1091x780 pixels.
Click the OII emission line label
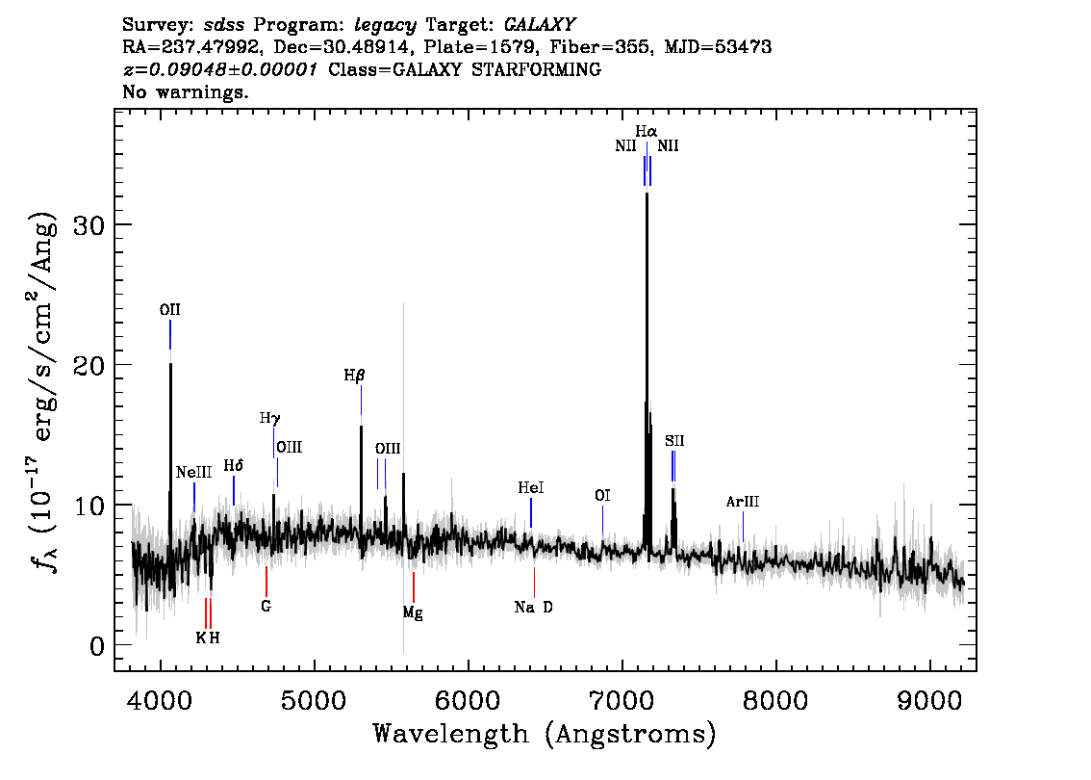169,310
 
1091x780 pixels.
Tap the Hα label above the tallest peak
646,131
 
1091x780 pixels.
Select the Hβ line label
354,377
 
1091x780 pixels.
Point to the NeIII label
193,472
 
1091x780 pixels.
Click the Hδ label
233,465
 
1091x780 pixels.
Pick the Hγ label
270,419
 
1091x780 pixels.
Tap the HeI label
531,487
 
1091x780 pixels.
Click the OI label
602,495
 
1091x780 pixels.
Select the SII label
674,441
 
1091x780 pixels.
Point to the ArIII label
743,502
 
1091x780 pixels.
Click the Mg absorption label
413,612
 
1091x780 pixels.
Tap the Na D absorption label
534,608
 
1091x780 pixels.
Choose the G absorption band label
266,606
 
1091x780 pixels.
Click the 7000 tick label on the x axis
622,700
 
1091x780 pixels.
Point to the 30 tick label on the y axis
89,225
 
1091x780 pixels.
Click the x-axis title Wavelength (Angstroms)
545,734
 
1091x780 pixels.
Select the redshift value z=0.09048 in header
220,69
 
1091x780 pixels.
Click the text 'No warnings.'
185,91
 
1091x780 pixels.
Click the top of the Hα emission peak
647,193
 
